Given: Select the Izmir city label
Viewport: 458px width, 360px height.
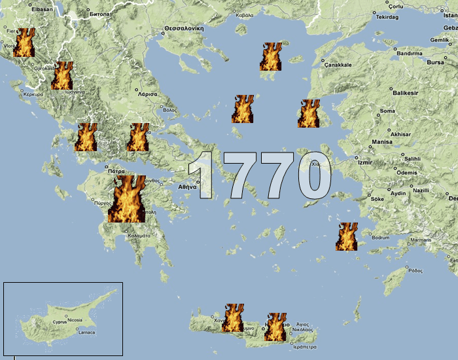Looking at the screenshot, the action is coord(364,161).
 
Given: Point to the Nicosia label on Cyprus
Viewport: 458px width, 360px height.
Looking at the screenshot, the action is coord(75,321).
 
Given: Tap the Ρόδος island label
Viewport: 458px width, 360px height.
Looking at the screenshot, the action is coord(415,270).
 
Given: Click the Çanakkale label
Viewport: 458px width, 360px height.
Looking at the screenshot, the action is coord(339,65).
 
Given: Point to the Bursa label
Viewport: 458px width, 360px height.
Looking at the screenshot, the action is coord(435,63).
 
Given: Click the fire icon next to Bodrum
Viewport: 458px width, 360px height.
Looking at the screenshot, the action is coord(347,236).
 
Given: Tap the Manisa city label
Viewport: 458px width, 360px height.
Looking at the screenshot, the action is coord(381,141).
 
